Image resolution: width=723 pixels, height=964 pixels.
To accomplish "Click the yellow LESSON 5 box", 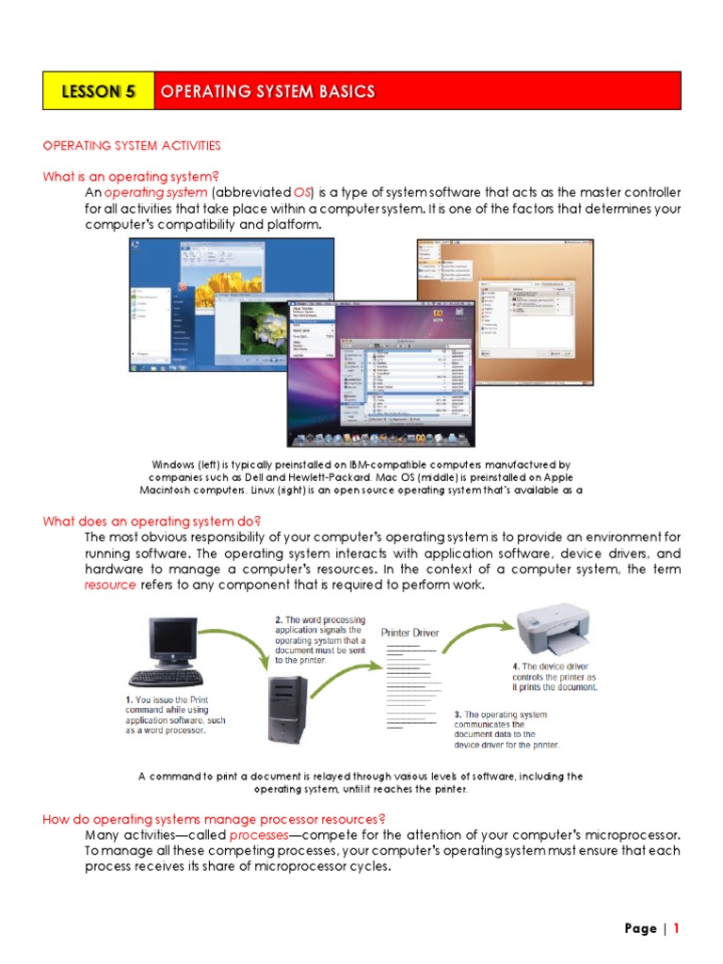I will [x=98, y=91].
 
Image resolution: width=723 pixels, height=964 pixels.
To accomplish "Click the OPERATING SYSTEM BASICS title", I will [x=267, y=91].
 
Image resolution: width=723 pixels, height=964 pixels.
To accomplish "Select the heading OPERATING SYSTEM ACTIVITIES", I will [x=132, y=145].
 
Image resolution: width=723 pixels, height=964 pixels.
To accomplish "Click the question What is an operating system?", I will [x=130, y=176].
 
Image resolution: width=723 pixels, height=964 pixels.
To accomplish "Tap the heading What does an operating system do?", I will [x=152, y=521].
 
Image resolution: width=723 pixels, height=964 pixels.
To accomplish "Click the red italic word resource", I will [x=110, y=585].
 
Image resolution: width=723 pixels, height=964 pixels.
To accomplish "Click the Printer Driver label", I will [x=409, y=633].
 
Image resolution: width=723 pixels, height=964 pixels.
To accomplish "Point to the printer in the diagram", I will [x=553, y=631].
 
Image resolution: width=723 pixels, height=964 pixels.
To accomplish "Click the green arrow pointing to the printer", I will [x=474, y=637].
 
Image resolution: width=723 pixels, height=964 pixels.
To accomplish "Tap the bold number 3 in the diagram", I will [x=458, y=715].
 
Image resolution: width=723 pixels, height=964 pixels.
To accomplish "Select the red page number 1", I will [x=675, y=928].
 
